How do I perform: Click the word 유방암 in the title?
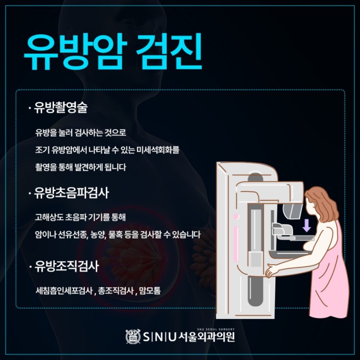click(x=75, y=52)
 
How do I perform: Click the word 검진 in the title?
click(x=169, y=51)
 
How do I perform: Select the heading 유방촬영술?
click(x=61, y=107)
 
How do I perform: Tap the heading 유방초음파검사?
click(x=72, y=193)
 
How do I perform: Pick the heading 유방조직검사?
click(x=67, y=266)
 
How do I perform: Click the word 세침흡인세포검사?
click(x=64, y=291)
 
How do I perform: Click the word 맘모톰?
click(x=150, y=291)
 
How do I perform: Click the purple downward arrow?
click(x=306, y=225)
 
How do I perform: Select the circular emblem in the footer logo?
click(x=133, y=337)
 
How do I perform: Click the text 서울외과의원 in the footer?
click(x=207, y=337)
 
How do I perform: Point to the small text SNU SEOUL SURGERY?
click(x=216, y=329)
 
